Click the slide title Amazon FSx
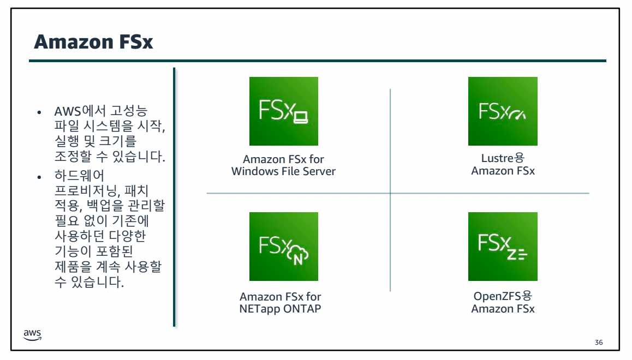click(93, 42)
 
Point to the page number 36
click(599, 343)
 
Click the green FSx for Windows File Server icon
click(283, 111)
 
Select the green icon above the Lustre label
click(503, 111)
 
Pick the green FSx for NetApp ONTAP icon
click(283, 247)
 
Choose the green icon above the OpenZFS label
click(503, 247)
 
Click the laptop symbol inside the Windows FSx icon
click(301, 116)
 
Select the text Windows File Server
click(283, 171)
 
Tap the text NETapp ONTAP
click(281, 309)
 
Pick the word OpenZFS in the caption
click(497, 297)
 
